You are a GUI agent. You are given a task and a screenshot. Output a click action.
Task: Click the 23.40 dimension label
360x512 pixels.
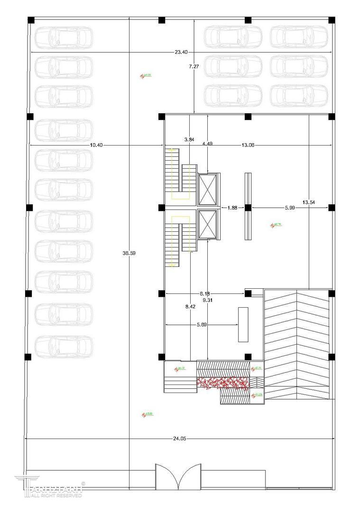[181, 52]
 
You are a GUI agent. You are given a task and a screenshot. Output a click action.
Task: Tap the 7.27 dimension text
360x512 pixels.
[194, 67]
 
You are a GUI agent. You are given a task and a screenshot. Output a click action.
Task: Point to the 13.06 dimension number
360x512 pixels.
[248, 145]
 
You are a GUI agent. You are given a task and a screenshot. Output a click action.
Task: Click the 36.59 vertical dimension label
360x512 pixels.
[129, 253]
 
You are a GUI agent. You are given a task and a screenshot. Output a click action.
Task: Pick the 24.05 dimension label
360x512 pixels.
[179, 439]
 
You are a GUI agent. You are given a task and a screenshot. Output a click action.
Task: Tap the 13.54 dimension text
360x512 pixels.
[308, 202]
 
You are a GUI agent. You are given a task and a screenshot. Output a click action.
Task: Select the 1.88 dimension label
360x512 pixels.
[232, 208]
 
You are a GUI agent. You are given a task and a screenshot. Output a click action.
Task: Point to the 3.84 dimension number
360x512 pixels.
[189, 139]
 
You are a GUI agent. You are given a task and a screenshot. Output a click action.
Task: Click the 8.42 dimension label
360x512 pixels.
[190, 307]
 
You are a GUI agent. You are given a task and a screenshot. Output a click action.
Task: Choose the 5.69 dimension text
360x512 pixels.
[201, 325]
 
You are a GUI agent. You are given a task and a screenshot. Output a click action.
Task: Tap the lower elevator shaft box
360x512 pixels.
[207, 224]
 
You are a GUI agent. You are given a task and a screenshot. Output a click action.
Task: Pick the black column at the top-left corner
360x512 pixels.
[31, 20]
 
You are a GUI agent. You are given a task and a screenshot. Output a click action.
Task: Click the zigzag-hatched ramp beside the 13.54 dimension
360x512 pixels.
[296, 344]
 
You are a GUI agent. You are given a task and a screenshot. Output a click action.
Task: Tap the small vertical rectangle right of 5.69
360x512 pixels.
[243, 324]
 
